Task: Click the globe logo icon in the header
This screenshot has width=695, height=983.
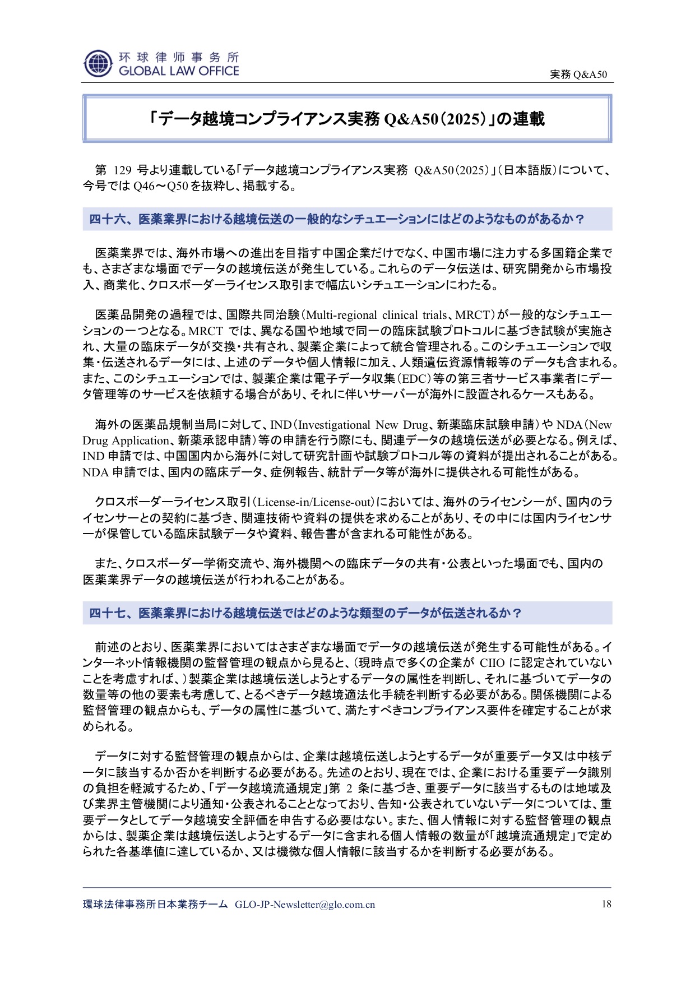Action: (x=98, y=63)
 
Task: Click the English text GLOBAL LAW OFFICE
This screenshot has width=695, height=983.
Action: (x=179, y=71)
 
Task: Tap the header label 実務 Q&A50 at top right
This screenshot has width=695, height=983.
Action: (x=578, y=75)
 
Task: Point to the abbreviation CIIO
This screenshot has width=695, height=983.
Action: (x=492, y=663)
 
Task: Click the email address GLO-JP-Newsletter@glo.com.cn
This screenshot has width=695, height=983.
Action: (x=305, y=905)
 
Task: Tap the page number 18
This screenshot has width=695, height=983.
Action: (x=606, y=904)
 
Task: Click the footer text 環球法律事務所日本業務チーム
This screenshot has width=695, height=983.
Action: (x=155, y=905)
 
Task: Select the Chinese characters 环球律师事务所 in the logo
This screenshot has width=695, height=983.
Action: (x=179, y=57)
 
